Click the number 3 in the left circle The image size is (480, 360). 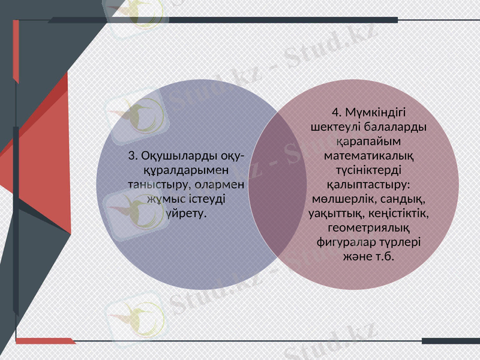pyautogui.click(x=131, y=156)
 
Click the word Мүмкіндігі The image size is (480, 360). pyautogui.click(x=376, y=112)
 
